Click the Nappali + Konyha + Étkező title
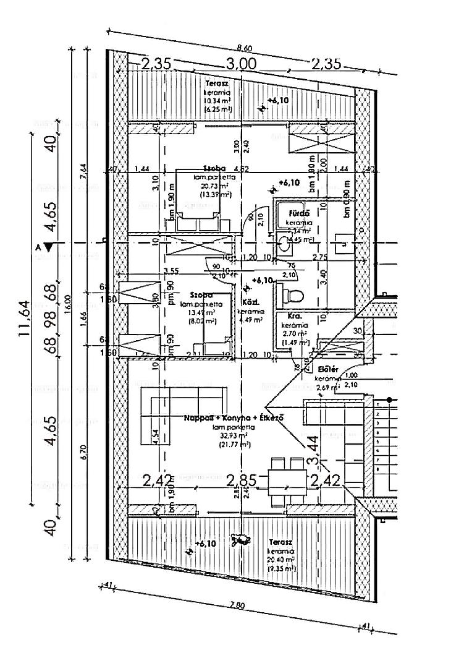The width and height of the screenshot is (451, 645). click(234, 419)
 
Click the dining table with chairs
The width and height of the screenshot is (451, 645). click(287, 479)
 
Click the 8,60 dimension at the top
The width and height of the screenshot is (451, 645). click(245, 48)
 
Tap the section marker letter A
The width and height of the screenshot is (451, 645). click(38, 246)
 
